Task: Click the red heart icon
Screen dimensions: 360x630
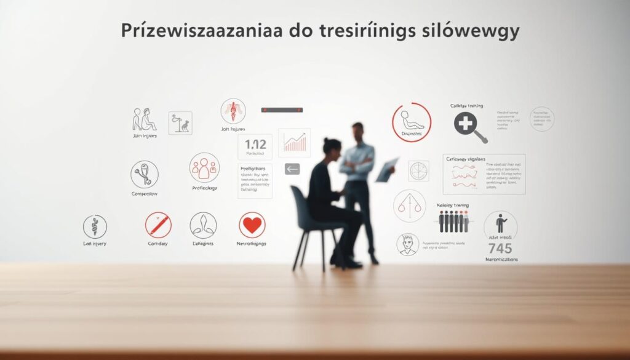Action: [x=252, y=225]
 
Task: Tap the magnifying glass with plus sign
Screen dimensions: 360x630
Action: [x=467, y=126]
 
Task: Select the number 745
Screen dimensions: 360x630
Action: [x=500, y=249]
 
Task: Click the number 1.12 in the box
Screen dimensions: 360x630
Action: [x=255, y=145]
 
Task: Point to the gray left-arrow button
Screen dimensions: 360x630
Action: [x=292, y=169]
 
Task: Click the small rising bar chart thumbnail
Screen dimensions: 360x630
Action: [x=293, y=143]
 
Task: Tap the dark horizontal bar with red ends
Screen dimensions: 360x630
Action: [x=282, y=110]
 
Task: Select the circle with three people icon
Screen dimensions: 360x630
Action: [x=204, y=167]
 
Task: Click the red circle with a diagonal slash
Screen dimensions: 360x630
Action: [x=158, y=225]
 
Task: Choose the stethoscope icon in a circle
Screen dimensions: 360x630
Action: [x=145, y=174]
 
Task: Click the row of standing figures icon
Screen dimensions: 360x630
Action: [x=453, y=221]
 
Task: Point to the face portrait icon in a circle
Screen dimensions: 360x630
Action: [x=407, y=244]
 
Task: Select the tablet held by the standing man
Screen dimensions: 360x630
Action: [x=386, y=170]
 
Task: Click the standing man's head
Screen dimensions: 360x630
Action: [x=359, y=131]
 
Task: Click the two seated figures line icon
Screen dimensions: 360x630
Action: [x=145, y=119]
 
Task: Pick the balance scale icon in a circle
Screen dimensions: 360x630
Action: [x=409, y=206]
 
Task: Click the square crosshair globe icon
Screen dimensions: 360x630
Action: [x=419, y=171]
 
